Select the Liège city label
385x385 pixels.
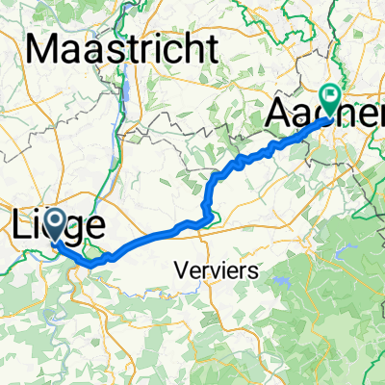pyautogui.click(x=60, y=227)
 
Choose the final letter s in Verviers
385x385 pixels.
pyautogui.click(x=253, y=271)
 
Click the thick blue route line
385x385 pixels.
pyautogui.click(x=144, y=239)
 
